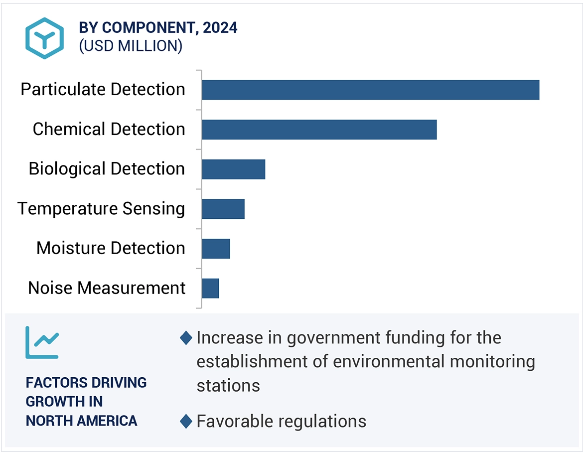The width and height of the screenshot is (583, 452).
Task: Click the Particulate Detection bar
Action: pyautogui.click(x=370, y=90)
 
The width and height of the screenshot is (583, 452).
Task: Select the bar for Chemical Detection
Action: pyautogui.click(x=319, y=130)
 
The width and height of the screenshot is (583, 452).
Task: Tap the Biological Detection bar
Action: pyautogui.click(x=233, y=169)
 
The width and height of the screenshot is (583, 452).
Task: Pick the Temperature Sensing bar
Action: pyautogui.click(x=223, y=209)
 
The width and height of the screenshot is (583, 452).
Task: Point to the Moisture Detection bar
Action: pyautogui.click(x=216, y=249)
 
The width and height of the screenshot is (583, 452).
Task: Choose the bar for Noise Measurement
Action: pyautogui.click(x=210, y=288)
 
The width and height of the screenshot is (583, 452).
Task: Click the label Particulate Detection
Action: pyautogui.click(x=103, y=90)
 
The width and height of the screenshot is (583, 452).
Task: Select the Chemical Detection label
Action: pyautogui.click(x=109, y=130)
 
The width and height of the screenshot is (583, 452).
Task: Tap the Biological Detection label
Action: pyautogui.click(x=107, y=169)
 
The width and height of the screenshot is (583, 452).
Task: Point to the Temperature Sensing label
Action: pyautogui.click(x=101, y=209)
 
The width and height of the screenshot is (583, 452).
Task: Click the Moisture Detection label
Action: pyautogui.click(x=111, y=248)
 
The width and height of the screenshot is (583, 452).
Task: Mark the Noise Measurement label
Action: pyautogui.click(x=107, y=288)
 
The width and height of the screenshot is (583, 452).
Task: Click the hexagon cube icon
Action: pyautogui.click(x=45, y=38)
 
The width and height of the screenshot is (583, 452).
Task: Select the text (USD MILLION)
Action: pyautogui.click(x=131, y=46)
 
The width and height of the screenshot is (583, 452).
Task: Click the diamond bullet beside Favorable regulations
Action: pyautogui.click(x=186, y=422)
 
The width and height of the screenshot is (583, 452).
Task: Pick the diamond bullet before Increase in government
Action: pyautogui.click(x=186, y=338)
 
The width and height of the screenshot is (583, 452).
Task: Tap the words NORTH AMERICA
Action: pyautogui.click(x=81, y=421)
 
